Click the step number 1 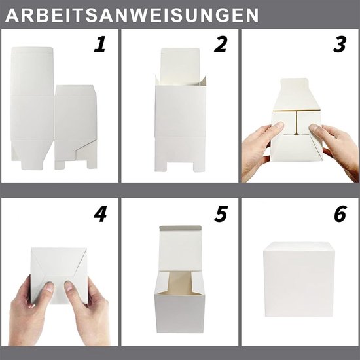tap(99, 45)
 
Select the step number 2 tap(220, 45)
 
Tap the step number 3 tap(339, 45)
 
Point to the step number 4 tap(99, 215)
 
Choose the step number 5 tap(220, 215)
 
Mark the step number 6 tap(339, 215)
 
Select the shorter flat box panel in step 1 tap(74, 124)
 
